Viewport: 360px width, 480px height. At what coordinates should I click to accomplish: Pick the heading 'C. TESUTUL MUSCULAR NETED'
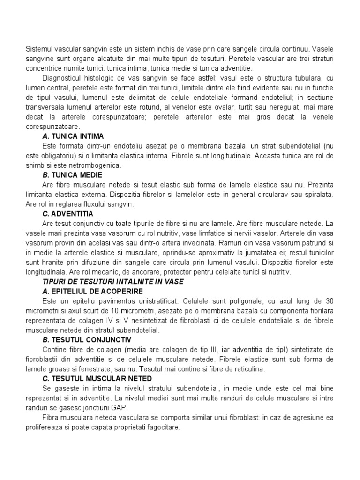point(97,378)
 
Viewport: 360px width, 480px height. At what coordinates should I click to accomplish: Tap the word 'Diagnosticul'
point(62,78)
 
